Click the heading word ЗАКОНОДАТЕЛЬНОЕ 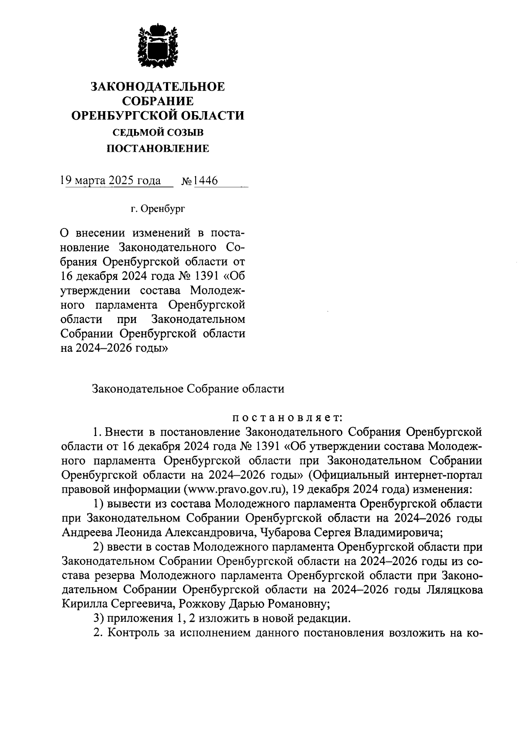pos(158,87)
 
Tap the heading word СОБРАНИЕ pos(158,101)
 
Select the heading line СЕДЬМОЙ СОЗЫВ pos(158,132)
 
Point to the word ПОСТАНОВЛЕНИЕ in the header pos(158,149)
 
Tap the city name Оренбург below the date pos(162,209)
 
